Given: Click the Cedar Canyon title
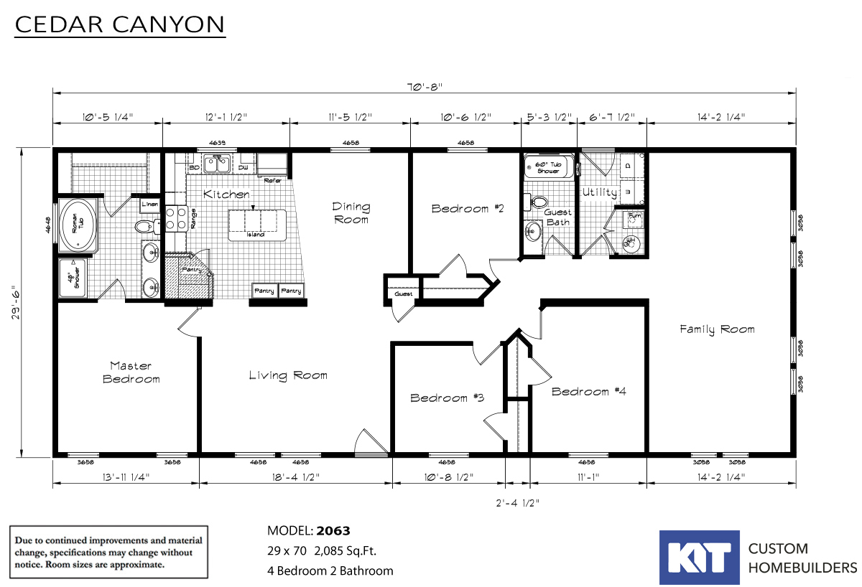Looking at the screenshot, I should tap(120, 24).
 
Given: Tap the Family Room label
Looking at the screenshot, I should tap(717, 329).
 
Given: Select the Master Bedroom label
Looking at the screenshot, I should tap(131, 372).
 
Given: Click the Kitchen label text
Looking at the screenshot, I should tap(226, 194).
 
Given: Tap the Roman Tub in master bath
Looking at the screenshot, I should tap(78, 226).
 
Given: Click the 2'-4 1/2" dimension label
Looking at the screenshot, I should tap(517, 503).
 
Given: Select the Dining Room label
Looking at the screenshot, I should tap(351, 212).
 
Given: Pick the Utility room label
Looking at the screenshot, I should tap(598, 192).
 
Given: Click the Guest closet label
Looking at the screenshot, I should tap(402, 294).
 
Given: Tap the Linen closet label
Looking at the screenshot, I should tap(149, 205).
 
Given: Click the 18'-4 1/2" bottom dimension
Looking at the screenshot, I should tap(295, 476).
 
